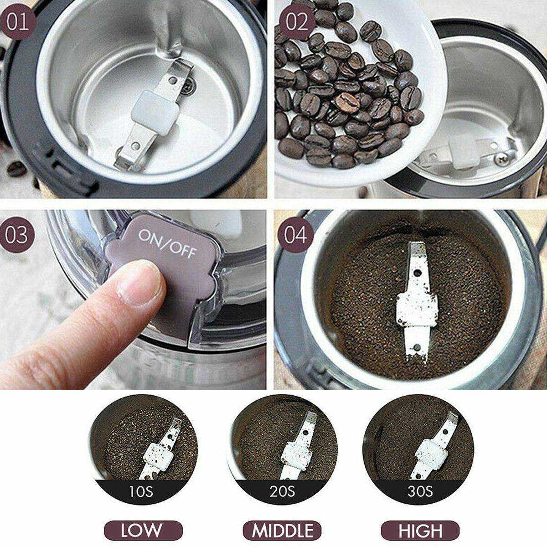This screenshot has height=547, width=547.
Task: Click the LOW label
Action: tap(143, 530)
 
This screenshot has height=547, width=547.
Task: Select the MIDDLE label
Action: tap(283, 530)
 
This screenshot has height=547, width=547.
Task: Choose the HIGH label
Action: tap(420, 530)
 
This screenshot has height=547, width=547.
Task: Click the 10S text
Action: tap(141, 491)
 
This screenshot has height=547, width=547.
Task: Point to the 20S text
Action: tap(282, 491)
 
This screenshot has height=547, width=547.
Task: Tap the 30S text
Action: tap(420, 491)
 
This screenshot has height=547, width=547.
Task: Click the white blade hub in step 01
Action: tap(155, 113)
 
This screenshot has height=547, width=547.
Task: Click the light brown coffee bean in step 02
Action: tap(347, 103)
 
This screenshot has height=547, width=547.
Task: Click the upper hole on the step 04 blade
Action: tap(418, 273)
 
